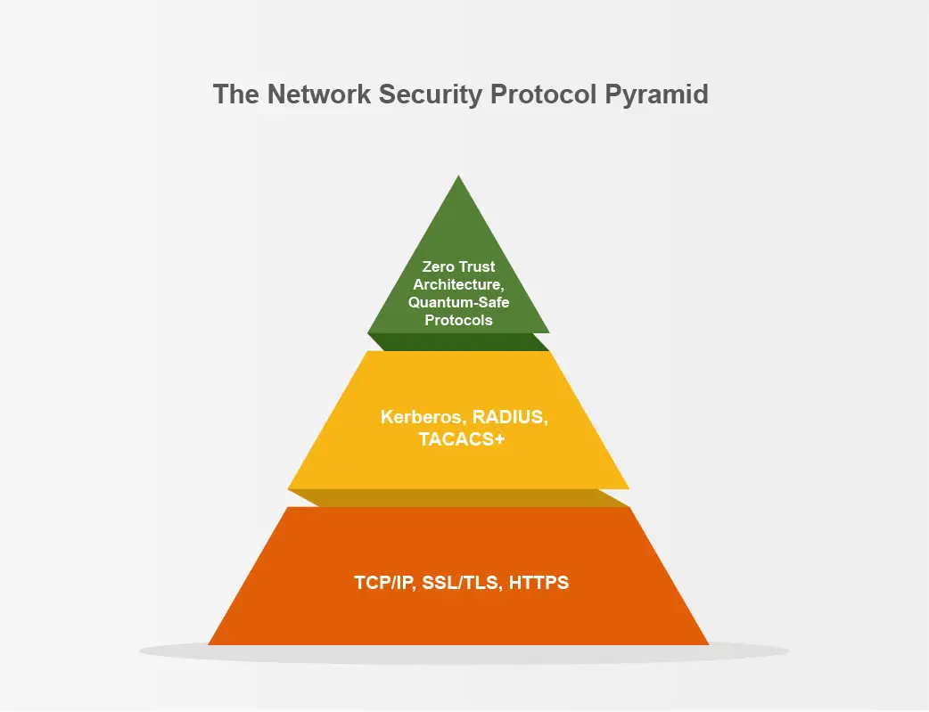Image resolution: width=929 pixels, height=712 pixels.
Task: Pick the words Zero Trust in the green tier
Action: [458, 266]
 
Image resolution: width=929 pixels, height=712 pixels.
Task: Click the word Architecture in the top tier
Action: [456, 284]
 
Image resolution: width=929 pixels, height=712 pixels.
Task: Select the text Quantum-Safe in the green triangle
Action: [458, 302]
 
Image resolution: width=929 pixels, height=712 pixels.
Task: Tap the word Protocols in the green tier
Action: [458, 320]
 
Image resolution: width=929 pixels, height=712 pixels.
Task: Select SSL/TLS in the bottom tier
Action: [456, 584]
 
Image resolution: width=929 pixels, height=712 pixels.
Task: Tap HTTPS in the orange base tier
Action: [538, 584]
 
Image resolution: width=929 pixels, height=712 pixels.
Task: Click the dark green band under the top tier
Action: [458, 342]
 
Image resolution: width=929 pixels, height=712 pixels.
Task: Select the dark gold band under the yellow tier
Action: [458, 498]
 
